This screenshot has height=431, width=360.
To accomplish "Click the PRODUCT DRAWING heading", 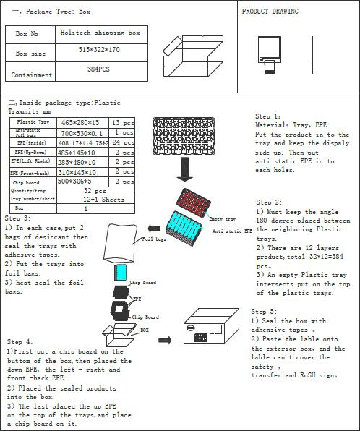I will [x=270, y=12].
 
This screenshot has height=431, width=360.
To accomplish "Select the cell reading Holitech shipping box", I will [x=108, y=33].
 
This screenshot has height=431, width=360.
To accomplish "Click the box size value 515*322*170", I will [x=108, y=52].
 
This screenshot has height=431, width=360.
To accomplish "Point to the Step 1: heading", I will [x=267, y=116].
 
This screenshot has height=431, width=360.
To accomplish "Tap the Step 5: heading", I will [x=264, y=311].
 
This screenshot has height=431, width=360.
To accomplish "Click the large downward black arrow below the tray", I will [x=185, y=169].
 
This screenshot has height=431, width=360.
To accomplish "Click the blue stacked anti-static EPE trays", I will [x=184, y=225].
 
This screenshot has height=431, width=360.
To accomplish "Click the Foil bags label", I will [x=153, y=239].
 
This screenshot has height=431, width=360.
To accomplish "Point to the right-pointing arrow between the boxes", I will [x=165, y=339].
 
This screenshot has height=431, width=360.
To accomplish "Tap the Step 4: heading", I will [x=20, y=341].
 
